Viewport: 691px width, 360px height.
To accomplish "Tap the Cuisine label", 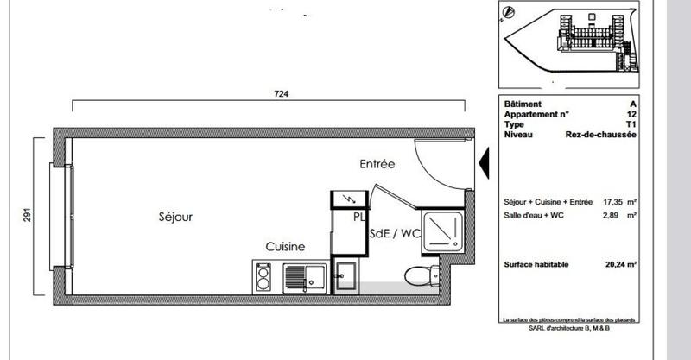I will click(285, 247).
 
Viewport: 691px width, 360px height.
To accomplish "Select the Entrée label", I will click(377, 164).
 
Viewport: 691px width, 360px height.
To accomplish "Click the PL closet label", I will click(358, 218).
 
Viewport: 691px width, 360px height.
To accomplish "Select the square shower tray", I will click(442, 229).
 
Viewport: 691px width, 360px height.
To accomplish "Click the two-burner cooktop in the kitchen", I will click(264, 276).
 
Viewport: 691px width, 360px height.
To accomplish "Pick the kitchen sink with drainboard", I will click(302, 276).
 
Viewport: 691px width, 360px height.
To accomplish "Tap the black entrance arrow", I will click(484, 161).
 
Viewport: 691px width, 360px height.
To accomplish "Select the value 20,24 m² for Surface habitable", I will click(619, 265).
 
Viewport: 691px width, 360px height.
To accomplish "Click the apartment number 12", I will click(633, 113).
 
